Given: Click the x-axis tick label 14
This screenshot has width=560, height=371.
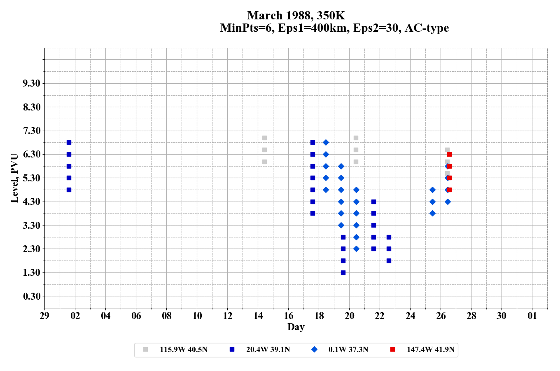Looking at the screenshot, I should point(258,316).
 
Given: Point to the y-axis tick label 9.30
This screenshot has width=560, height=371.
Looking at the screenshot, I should point(31,84).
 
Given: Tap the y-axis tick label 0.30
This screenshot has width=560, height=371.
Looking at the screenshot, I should point(31,296).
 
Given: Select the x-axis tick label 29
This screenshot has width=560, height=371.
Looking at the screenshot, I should point(44,316).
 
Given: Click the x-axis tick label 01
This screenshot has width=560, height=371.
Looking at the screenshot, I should point(532,316).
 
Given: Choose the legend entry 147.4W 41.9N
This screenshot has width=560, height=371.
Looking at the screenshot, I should point(430,350).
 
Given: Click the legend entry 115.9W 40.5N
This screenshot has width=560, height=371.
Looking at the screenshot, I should point(183,350).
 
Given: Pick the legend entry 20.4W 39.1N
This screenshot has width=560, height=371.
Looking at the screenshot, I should point(268,350).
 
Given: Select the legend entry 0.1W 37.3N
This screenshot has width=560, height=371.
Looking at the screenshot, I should point(348,350).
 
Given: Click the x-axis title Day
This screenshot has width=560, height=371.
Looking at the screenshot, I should point(296,327).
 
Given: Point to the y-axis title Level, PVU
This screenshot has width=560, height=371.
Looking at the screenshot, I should point(14,178).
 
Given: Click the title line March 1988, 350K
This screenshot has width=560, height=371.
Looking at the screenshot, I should point(296,16).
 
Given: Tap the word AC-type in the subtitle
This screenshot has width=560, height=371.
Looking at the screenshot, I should point(427,28).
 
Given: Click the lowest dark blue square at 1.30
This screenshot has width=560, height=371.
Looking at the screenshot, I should point(343,272).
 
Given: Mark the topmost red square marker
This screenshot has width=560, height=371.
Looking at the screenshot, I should point(449,154).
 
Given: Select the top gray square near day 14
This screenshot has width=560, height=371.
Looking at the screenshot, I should point(264,138).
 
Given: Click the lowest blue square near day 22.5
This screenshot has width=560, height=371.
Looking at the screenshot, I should point(389,261).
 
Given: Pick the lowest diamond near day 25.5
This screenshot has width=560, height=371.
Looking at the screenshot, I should point(432,213).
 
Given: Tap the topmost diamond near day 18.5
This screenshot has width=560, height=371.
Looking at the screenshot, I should point(326,142).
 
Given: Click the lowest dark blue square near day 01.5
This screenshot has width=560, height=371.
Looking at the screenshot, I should point(69,190).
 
